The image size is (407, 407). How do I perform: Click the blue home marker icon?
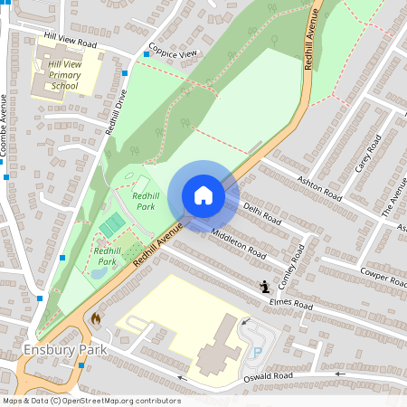[x=203, y=195]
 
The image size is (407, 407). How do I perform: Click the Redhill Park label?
[x=144, y=200]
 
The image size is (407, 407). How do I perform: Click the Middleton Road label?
[x=238, y=241]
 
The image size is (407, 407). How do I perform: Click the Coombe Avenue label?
[x=5, y=127]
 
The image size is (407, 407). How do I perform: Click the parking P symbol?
[x=256, y=352]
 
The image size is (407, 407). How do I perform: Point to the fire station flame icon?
[x=96, y=318]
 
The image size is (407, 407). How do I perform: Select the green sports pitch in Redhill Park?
[x=112, y=223]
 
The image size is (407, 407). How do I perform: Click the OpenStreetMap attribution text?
[x=90, y=401]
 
